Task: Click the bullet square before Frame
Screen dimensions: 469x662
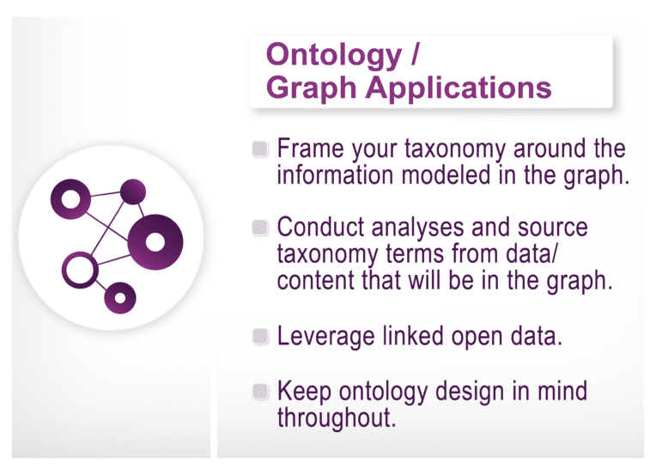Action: click(x=261, y=149)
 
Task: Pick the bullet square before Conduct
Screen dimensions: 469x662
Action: click(x=261, y=228)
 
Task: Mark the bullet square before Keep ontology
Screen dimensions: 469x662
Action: click(x=261, y=392)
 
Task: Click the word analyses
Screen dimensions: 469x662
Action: click(x=425, y=228)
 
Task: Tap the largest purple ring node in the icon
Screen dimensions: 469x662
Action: click(x=155, y=241)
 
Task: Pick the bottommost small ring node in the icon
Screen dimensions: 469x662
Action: click(x=120, y=297)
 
